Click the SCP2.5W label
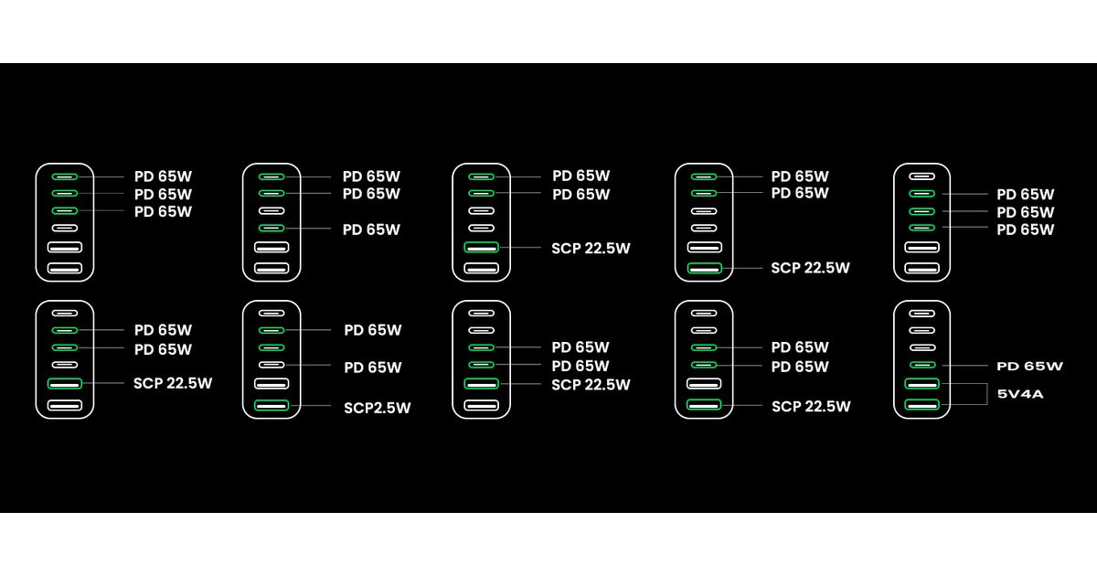377,408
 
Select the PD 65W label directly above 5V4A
1029,366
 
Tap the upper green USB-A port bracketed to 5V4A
921,384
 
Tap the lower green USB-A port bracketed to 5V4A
921,405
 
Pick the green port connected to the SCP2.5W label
272,405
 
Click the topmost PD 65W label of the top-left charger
163,176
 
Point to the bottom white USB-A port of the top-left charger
65,268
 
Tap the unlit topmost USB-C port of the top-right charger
921,176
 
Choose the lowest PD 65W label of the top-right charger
1025,229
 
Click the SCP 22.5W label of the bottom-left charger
172,383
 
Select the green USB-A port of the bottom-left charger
65,383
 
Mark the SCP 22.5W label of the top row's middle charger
591,248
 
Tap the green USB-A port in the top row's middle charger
481,247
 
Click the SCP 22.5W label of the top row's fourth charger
810,268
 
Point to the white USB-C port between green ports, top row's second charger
272,210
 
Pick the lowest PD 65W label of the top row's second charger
371,229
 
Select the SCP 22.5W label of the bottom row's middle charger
591,385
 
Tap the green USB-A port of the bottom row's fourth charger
703,405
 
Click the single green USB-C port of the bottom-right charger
921,365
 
